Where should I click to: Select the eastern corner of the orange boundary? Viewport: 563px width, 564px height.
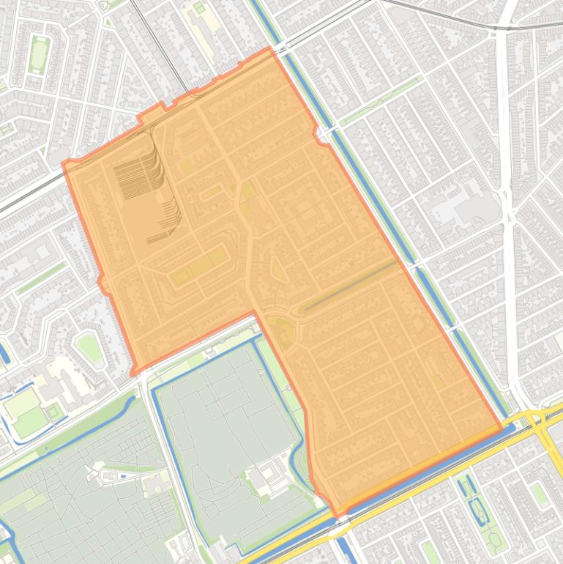pyautogui.click(x=502, y=426)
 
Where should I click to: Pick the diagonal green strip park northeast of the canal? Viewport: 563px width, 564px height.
pyautogui.click(x=381, y=99)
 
